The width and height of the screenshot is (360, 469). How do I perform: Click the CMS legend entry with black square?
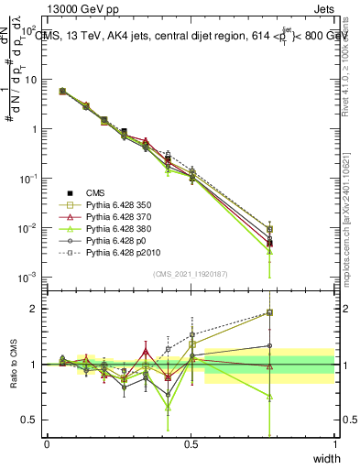tap(96, 192)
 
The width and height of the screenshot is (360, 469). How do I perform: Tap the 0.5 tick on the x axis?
tap(191, 444)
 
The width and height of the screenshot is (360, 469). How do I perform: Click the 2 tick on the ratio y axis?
tap(38, 309)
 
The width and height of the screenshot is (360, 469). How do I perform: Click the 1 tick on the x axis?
tap(334, 444)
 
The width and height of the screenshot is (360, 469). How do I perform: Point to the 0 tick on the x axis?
tap(47, 444)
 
